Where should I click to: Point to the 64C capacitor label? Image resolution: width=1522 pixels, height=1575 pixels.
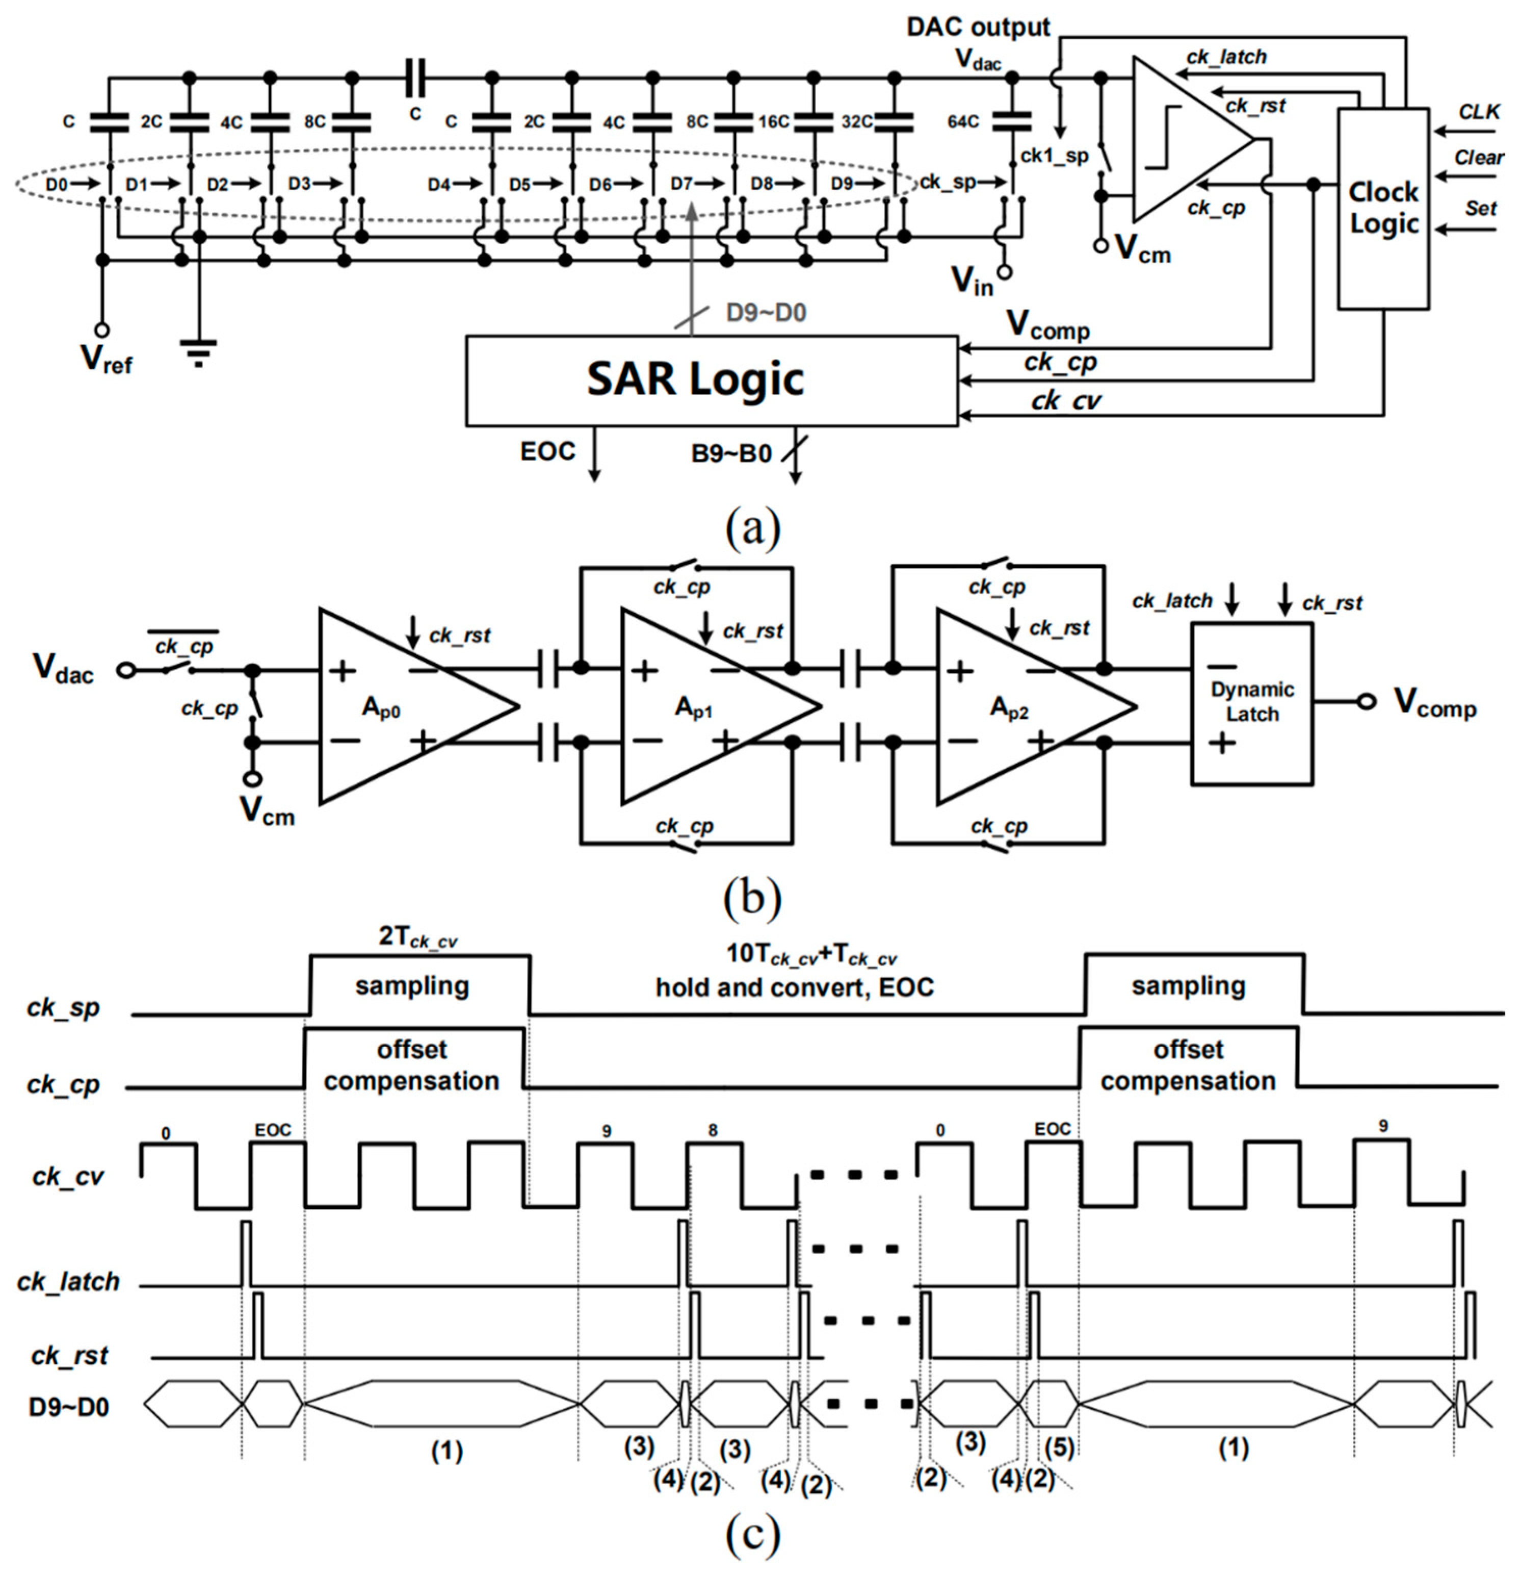coord(963,121)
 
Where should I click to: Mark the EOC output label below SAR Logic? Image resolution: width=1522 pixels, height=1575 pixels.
coord(548,451)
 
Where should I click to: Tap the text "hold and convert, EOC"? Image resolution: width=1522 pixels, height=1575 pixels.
coord(795,987)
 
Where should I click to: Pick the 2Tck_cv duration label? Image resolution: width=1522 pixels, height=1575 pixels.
coord(417,938)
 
